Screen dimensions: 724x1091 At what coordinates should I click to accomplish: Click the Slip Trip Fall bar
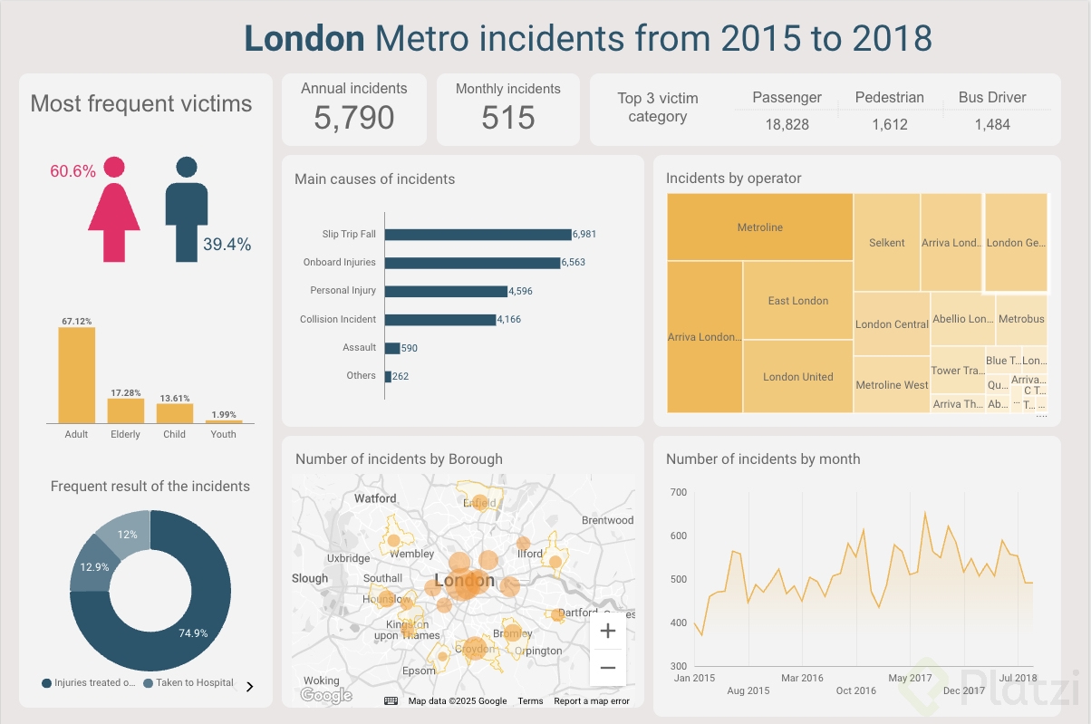tap(478, 234)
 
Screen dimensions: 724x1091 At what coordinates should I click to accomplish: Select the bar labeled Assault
tap(392, 348)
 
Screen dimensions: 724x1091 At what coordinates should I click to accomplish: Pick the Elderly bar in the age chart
tap(125, 410)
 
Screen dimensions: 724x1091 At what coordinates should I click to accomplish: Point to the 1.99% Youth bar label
tap(223, 415)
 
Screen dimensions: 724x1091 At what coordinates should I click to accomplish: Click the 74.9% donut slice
tap(181, 625)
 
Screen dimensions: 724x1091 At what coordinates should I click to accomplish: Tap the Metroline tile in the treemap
tap(759, 227)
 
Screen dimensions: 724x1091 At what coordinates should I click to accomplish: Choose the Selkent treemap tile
tap(886, 243)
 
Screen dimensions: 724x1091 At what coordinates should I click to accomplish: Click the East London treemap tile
tap(797, 301)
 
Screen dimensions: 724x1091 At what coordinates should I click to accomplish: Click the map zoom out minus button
tap(607, 669)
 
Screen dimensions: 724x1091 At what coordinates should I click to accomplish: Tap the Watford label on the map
tap(375, 498)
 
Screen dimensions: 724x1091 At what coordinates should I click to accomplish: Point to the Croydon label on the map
tap(475, 649)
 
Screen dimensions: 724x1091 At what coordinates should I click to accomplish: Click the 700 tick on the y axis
tap(679, 492)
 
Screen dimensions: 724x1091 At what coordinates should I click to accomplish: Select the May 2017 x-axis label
tap(910, 678)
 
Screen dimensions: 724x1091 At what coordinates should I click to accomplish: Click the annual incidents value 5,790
tap(354, 118)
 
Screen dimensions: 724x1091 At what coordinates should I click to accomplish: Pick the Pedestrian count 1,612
tap(890, 125)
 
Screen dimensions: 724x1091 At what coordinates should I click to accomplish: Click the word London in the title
tap(304, 39)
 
